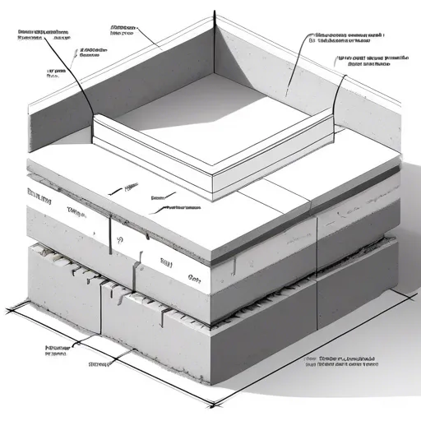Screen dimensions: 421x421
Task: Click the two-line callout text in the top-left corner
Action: (x=41, y=35)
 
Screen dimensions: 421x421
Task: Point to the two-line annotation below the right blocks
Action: (x=345, y=364)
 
